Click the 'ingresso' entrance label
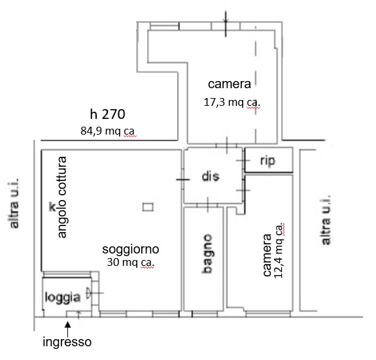coord(67,342)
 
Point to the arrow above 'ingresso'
coord(68,329)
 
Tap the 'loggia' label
coord(62,298)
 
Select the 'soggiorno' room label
coord(131,250)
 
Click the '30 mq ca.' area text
coord(131,262)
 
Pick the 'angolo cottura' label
coord(62,197)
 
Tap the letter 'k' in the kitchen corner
coord(52,206)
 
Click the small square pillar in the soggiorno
coord(148,207)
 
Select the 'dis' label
coord(211,176)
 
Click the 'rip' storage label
coord(267,161)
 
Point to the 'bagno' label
coord(207,254)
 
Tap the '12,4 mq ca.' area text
coord(279,250)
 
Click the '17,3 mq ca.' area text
coord(232,103)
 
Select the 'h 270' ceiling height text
coord(107,114)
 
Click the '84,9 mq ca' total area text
coord(107,131)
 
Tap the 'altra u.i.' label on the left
coord(14,203)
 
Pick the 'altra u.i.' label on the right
coord(326,220)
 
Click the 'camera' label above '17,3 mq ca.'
coord(230,84)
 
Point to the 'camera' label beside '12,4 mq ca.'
coord(267,255)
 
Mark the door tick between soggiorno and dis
coord(183,180)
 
